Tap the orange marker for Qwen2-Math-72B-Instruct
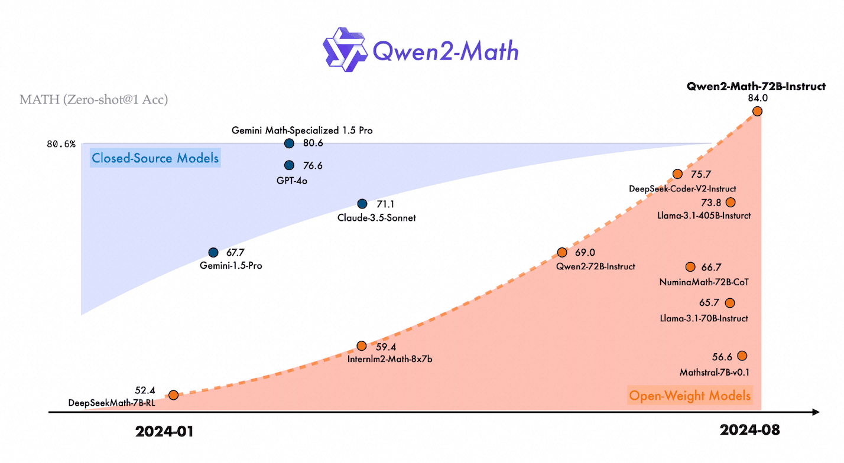757,111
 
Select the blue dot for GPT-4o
289,165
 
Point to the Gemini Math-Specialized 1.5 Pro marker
289,143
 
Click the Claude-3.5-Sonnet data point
362,204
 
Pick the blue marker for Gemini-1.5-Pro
213,252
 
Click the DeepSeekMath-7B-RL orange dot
173,394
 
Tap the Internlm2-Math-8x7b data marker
362,346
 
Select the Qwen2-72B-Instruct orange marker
562,252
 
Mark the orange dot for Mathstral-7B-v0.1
742,356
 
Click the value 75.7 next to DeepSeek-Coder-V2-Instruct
701,174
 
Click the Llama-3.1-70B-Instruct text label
704,318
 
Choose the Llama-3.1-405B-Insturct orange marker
731,202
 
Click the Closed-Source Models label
155,158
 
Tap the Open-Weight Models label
690,395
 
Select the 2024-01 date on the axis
164,431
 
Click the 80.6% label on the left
61,144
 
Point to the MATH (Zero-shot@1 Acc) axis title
94,99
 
